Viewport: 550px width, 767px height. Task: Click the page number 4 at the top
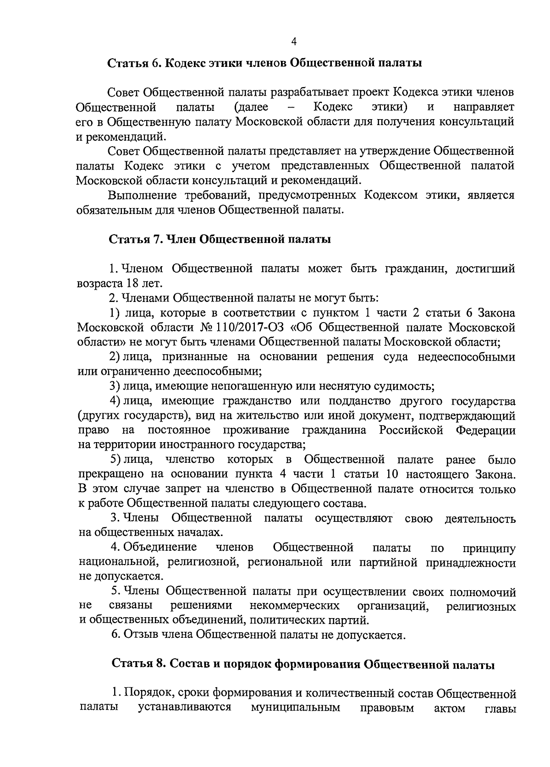click(294, 42)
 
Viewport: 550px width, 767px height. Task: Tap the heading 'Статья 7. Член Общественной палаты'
click(220, 239)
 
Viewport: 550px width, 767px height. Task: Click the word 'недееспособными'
click(466, 357)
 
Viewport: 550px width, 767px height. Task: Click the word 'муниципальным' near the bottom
click(296, 720)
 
